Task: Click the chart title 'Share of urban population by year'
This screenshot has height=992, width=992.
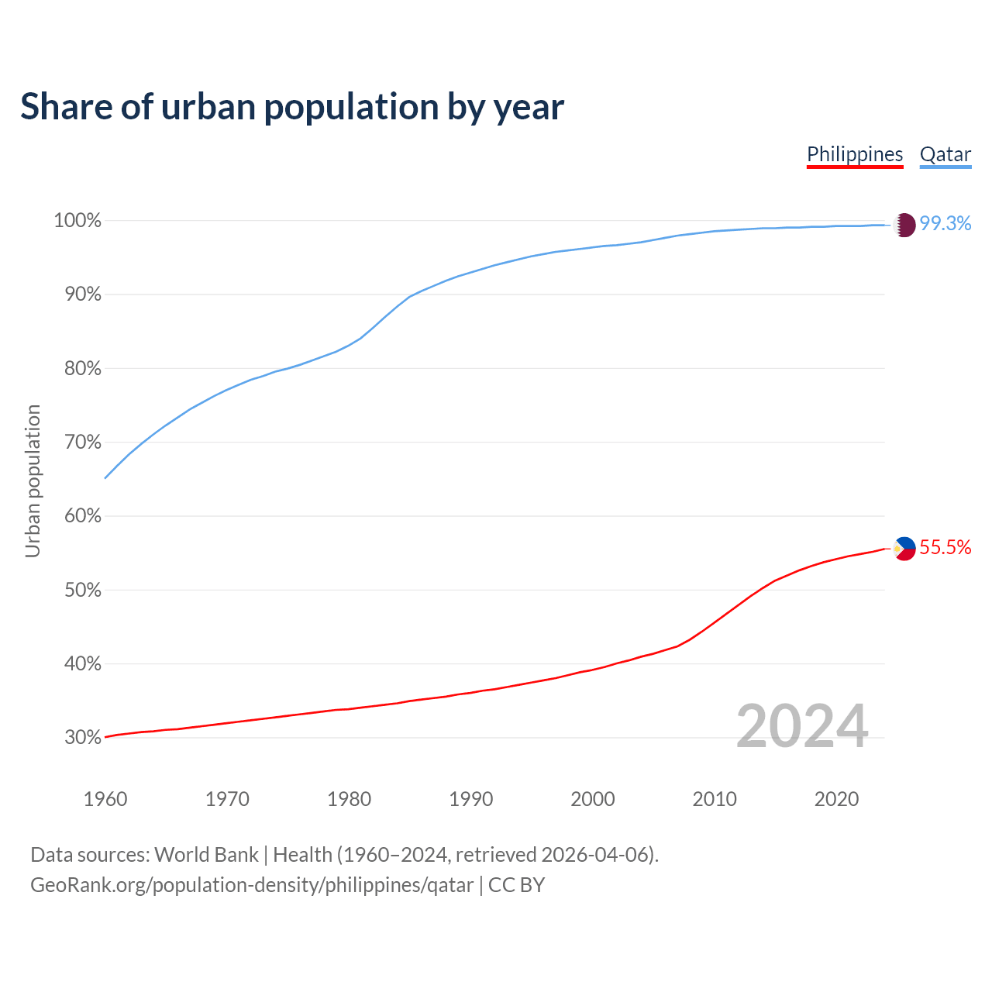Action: [x=292, y=107]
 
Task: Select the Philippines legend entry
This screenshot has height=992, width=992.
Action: [x=855, y=154]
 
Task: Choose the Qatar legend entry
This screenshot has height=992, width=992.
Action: [x=945, y=154]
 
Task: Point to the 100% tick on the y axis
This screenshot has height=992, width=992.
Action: [x=77, y=221]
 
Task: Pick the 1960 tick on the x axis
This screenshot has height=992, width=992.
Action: [x=105, y=799]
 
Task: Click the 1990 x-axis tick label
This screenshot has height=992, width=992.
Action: [x=471, y=799]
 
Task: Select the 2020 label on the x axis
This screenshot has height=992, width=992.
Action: [x=836, y=799]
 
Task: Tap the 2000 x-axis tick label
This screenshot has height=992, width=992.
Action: [x=593, y=799]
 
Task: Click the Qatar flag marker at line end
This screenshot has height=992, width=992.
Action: [x=904, y=225]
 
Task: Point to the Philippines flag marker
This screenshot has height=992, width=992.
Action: [x=904, y=549]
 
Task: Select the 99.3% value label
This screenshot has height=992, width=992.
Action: [x=945, y=223]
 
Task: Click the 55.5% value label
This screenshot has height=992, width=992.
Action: [x=945, y=548]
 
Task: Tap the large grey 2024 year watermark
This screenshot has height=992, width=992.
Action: [x=802, y=726]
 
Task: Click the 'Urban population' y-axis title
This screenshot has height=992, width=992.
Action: [x=33, y=480]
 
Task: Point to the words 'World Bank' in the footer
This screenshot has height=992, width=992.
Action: [x=206, y=855]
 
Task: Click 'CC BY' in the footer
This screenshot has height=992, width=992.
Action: [x=516, y=885]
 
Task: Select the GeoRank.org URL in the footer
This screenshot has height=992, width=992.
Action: [x=252, y=885]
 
